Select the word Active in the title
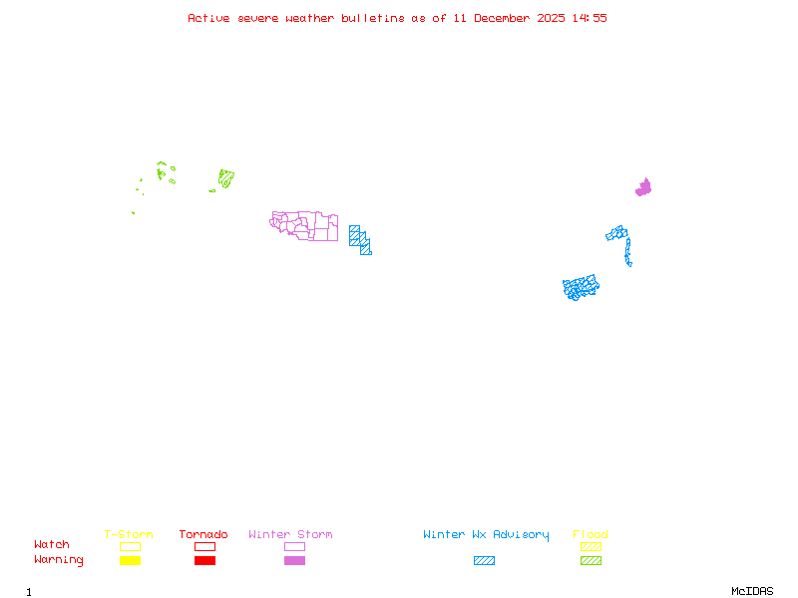pyautogui.click(x=208, y=18)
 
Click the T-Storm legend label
pyautogui.click(x=129, y=534)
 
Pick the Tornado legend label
pyautogui.click(x=203, y=534)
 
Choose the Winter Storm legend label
pyautogui.click(x=290, y=534)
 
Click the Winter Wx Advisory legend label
pyautogui.click(x=486, y=534)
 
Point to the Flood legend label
pyautogui.click(x=591, y=534)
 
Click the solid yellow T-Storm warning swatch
pyautogui.click(x=130, y=560)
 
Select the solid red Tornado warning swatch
pyautogui.click(x=204, y=560)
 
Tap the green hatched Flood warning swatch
pyautogui.click(x=591, y=560)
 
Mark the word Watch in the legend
pyautogui.click(x=52, y=544)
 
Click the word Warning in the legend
pyautogui.click(x=59, y=560)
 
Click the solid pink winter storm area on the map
pyautogui.click(x=643, y=187)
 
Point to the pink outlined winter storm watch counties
pyautogui.click(x=305, y=225)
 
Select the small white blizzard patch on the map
pyautogui.click(x=632, y=264)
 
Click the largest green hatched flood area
pyautogui.click(x=226, y=179)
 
